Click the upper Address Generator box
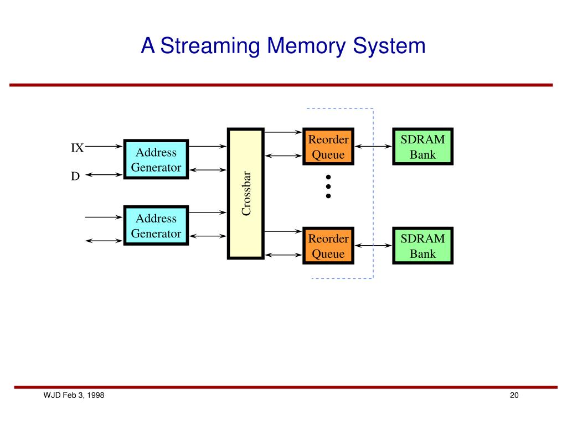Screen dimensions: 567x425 [x=156, y=159]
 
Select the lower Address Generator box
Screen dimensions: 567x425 [x=156, y=226]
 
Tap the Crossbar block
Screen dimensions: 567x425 [x=245, y=193]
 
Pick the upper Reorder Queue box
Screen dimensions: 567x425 [x=328, y=146]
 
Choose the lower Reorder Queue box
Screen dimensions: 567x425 [x=328, y=246]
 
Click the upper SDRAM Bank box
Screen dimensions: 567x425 [x=422, y=146]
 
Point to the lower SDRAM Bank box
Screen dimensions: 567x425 [x=422, y=246]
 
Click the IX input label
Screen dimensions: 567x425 [x=78, y=148]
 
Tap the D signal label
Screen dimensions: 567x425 [x=75, y=176]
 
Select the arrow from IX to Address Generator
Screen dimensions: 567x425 [x=104, y=146]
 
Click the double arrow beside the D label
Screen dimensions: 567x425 [x=104, y=175]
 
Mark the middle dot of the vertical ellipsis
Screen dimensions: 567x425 [x=328, y=186]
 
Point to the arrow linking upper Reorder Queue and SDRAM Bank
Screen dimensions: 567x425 [x=373, y=146]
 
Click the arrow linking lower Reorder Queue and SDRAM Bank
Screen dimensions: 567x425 [x=373, y=246]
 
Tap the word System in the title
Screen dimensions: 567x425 [x=389, y=46]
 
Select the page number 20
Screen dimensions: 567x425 [x=514, y=395]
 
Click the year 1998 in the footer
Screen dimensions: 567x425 [x=95, y=395]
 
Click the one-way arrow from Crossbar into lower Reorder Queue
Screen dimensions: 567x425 [x=283, y=231]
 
